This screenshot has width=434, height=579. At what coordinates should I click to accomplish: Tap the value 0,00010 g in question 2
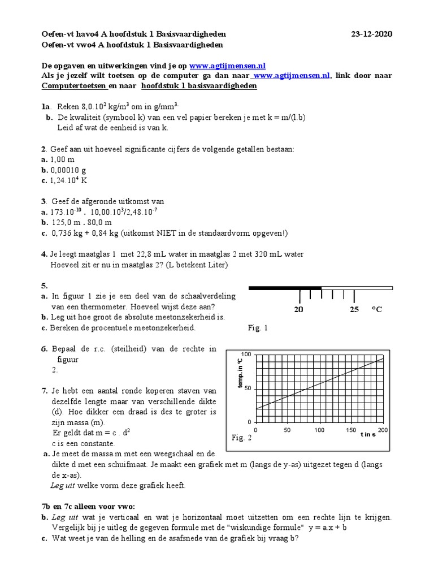68,170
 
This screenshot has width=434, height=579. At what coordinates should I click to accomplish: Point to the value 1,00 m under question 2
62,159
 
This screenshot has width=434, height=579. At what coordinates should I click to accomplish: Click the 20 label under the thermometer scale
298,310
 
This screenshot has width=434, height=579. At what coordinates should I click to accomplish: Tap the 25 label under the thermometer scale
354,310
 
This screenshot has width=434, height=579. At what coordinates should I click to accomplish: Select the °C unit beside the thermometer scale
377,310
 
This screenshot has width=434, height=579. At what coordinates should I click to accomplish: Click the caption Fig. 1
258,328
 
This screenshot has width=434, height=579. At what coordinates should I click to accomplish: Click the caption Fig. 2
241,438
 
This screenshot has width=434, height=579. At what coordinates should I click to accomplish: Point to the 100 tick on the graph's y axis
246,355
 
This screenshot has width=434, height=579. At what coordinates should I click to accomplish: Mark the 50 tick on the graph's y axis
248,389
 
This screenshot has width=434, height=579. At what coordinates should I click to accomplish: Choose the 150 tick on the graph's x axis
350,430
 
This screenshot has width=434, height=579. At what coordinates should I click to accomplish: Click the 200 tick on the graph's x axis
383,430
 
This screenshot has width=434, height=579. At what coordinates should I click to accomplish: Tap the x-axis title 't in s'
368,435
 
